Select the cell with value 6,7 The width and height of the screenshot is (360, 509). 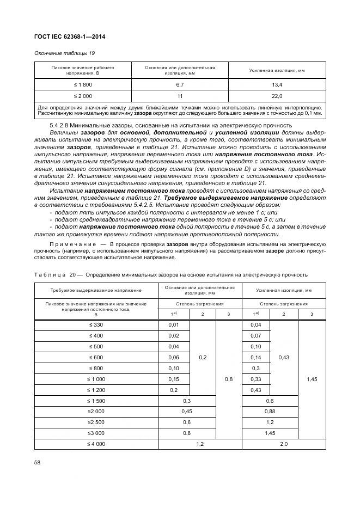(x=179, y=85)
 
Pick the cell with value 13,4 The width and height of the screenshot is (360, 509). (x=277, y=85)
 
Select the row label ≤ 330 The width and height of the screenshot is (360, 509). (x=95, y=325)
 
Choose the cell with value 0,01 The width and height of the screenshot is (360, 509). (x=173, y=325)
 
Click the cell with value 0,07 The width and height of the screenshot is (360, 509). (x=255, y=336)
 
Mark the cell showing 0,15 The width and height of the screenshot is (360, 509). (x=173, y=378)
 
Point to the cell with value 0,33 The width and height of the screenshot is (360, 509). (x=255, y=378)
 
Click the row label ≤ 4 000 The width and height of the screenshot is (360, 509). (x=95, y=444)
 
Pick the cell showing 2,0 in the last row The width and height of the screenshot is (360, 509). (x=283, y=444)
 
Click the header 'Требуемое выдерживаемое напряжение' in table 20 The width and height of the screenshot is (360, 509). (x=95, y=291)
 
